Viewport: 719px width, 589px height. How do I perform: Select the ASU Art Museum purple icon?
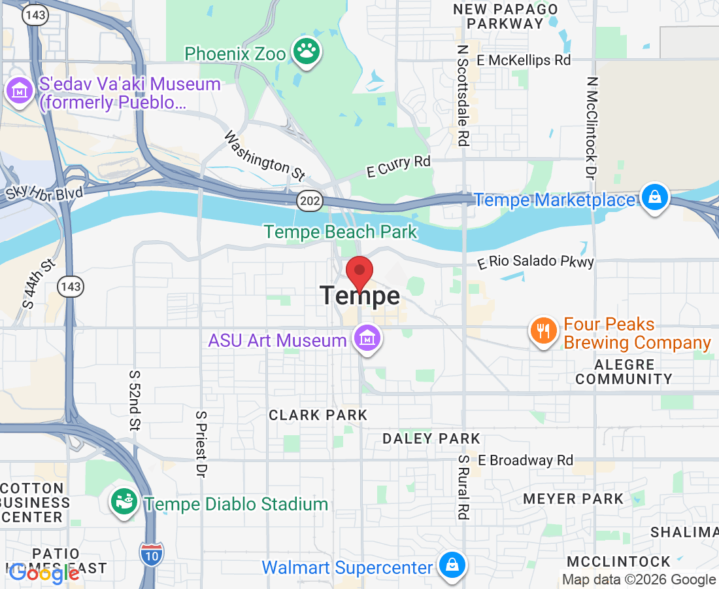[x=367, y=339]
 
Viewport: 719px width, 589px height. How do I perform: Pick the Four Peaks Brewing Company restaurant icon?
[x=543, y=330]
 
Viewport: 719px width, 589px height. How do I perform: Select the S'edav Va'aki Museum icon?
[x=20, y=90]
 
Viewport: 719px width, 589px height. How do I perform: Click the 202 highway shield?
[x=310, y=201]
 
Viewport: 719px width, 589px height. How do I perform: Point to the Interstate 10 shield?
[x=151, y=553]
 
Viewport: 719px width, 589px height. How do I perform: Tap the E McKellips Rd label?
[x=524, y=60]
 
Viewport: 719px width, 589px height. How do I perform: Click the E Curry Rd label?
[x=399, y=166]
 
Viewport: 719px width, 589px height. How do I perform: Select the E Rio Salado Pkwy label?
[x=536, y=262]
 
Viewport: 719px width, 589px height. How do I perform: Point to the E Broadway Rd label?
[x=526, y=460]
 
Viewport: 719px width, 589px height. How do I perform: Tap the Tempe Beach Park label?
[x=340, y=232]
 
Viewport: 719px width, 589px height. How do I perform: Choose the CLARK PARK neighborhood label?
[x=318, y=415]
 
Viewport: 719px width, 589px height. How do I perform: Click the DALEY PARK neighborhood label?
[x=431, y=438]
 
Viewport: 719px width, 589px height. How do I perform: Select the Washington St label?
[x=265, y=156]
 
